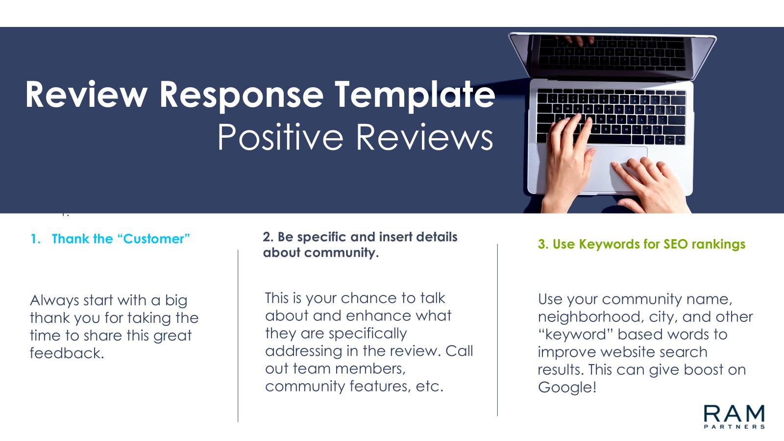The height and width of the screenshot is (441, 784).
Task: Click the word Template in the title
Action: (x=415, y=95)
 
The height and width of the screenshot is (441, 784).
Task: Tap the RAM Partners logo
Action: (x=734, y=416)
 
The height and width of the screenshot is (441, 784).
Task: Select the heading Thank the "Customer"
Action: (x=121, y=239)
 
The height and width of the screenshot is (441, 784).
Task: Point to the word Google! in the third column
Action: (x=567, y=388)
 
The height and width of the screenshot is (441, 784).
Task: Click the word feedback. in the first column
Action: (x=67, y=353)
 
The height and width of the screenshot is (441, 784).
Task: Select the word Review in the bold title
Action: (x=86, y=95)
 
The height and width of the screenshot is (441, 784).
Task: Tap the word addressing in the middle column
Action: (x=303, y=351)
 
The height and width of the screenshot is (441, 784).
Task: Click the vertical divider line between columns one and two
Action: (x=238, y=336)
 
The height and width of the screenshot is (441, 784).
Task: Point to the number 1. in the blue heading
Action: (x=36, y=239)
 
